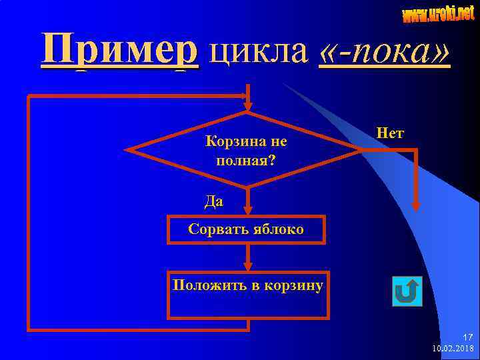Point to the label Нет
click(390, 133)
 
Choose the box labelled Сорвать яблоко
click(246, 229)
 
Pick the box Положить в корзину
click(247, 294)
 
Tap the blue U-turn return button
click(407, 291)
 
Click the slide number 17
click(467, 337)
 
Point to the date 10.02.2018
click(453, 348)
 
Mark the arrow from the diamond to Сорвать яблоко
click(247, 201)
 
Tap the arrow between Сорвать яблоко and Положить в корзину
click(247, 257)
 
